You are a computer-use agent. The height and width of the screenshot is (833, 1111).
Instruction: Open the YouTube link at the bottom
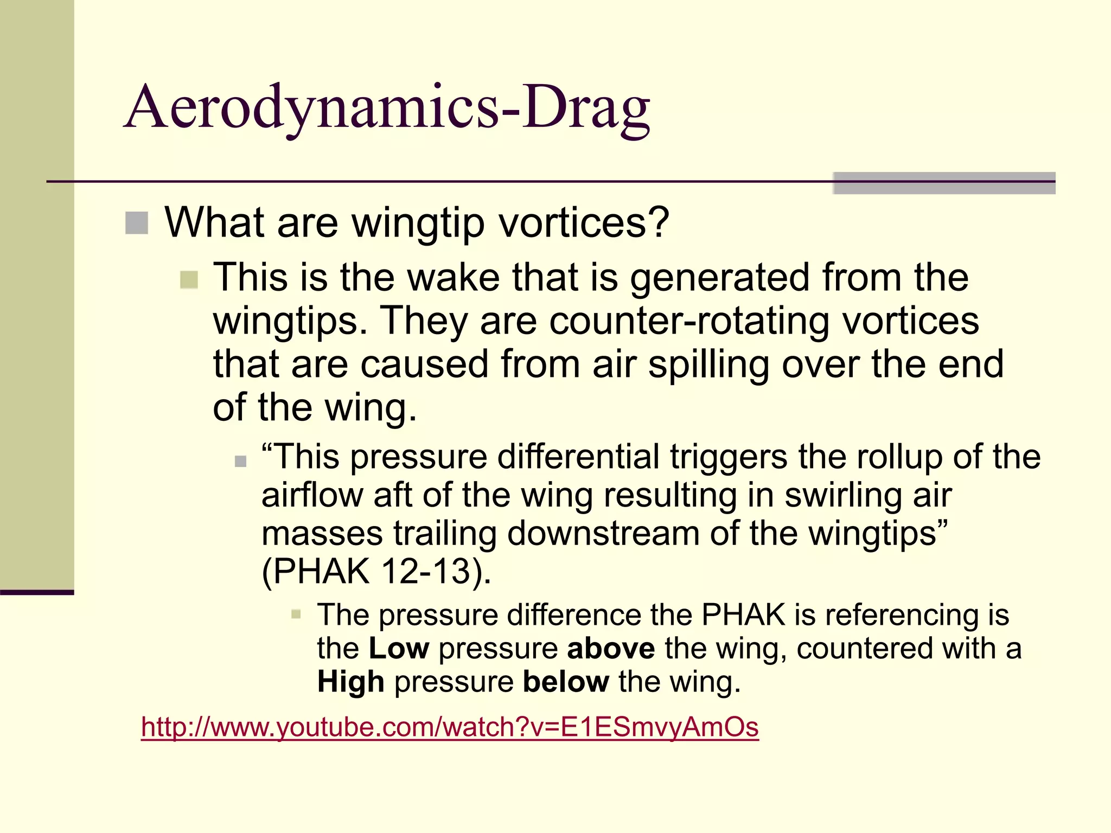tap(449, 727)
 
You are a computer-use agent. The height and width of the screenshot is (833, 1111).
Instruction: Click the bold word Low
tap(399, 649)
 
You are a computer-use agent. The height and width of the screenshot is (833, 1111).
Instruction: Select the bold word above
tap(611, 649)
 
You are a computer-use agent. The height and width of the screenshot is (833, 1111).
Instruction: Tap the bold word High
tap(351, 682)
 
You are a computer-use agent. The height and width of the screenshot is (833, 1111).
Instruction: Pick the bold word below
tap(566, 682)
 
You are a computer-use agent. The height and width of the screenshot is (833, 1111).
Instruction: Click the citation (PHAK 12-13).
tap(376, 571)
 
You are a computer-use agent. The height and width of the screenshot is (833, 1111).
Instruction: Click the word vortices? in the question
tap(584, 222)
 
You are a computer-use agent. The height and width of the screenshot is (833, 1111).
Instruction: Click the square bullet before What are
tap(137, 223)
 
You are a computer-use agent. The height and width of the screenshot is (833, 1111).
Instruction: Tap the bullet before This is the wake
tap(189, 280)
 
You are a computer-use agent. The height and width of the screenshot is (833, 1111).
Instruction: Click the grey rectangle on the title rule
tap(944, 183)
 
